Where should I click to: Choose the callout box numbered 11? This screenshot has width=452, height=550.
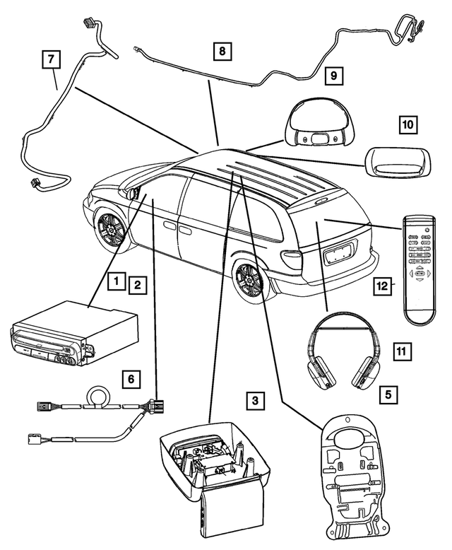click(x=402, y=350)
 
